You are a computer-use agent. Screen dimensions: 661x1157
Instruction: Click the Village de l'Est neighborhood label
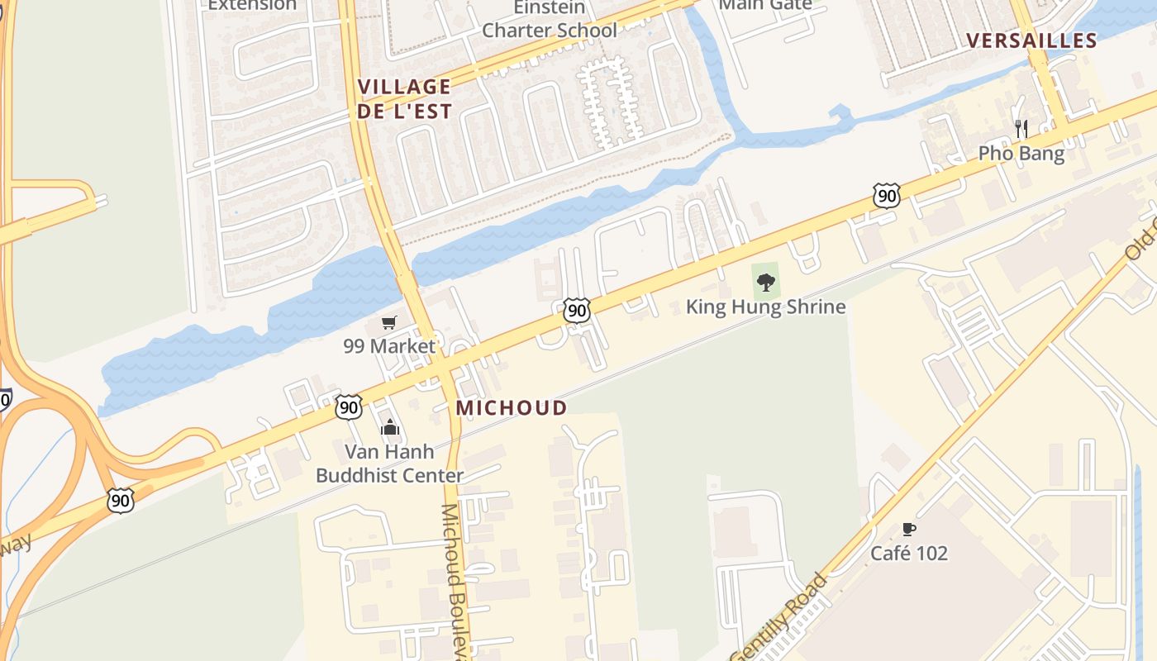coord(404,98)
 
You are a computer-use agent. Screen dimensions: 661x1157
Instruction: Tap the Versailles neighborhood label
coord(1031,40)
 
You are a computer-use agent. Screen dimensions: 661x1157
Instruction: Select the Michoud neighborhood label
coord(512,407)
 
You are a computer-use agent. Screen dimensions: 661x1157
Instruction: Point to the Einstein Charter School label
coord(549,19)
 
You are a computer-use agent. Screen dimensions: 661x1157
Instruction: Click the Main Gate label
coord(765,4)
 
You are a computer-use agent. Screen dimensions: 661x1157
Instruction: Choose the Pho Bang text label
coord(1021,153)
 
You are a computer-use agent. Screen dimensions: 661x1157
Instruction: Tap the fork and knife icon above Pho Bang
coord(1021,128)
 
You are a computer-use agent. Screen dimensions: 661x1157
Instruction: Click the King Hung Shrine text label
coord(765,307)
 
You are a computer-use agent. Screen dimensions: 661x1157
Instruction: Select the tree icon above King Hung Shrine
coord(766,282)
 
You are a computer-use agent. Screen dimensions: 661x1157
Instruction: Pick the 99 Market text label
coord(388,346)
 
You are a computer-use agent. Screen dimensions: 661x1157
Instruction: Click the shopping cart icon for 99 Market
coord(388,322)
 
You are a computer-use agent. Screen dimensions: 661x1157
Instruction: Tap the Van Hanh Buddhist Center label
coord(389,464)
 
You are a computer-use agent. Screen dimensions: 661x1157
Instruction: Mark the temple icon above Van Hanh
coord(389,427)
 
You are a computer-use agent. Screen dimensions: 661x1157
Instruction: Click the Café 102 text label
coord(908,553)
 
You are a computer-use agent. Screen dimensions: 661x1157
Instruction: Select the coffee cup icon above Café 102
coord(908,529)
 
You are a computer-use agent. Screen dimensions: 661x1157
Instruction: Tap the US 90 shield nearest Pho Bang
coord(886,196)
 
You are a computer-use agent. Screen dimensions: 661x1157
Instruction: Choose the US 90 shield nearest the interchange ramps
coord(121,500)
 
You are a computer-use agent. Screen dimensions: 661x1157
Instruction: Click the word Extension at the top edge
coord(251,5)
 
